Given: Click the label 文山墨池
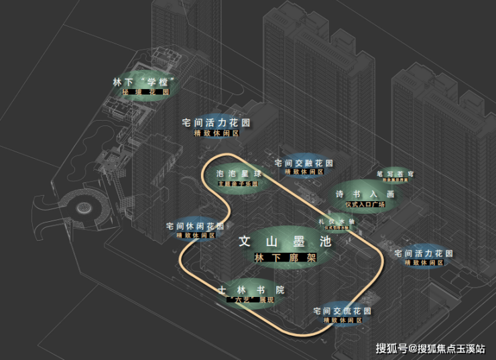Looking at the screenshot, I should tap(285, 243).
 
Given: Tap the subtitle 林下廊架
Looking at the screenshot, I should tap(285, 258).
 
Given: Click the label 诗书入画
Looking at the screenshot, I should tap(365, 194).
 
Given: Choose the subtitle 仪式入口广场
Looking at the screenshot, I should tap(365, 204).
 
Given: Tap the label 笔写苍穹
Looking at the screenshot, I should tap(395, 174).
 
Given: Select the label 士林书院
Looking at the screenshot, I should tap(251, 290).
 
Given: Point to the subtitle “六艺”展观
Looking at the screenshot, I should tap(251, 300).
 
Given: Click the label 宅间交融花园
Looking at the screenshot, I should tap(304, 163).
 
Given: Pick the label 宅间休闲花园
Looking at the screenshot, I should tap(195, 227).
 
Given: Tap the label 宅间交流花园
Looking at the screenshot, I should tap(343, 312).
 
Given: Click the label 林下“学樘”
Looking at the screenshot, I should tap(145, 82).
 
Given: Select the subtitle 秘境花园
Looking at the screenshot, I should tap(145, 93).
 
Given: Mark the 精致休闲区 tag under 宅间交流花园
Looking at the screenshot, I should tap(343, 320).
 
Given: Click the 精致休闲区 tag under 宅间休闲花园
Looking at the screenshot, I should tap(195, 235).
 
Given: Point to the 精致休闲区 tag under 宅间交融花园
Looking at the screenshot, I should tap(304, 172).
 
